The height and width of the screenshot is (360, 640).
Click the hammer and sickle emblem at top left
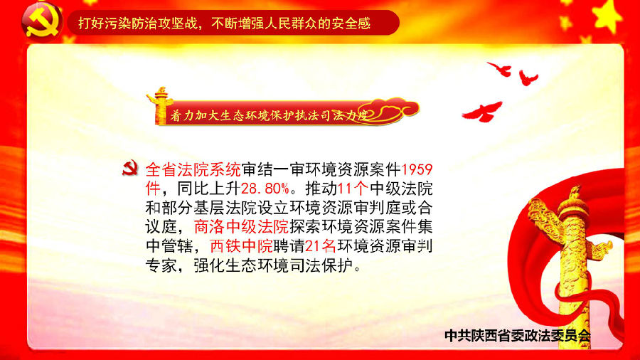coord(42,23)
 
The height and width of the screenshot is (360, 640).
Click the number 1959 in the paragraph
coord(417,169)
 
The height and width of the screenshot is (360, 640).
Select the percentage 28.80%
coord(265,189)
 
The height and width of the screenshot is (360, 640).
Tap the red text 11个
coord(353,189)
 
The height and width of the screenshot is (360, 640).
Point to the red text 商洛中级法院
coord(241,227)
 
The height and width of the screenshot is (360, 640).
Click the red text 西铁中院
coord(241,246)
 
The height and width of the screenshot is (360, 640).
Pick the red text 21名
coord(321,246)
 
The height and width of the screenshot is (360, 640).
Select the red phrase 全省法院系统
coord(193,169)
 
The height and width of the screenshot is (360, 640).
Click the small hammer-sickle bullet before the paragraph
coord(130,168)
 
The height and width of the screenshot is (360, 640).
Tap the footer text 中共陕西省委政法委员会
coord(518,336)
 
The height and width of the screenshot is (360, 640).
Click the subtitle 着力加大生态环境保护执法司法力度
coord(270,115)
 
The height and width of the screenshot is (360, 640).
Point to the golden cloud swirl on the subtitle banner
coord(392,110)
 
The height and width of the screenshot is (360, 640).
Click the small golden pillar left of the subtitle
coord(160,105)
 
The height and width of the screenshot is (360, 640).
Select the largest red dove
coord(483,112)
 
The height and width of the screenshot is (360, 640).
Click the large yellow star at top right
coord(608,16)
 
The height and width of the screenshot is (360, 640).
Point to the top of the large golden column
coord(575,189)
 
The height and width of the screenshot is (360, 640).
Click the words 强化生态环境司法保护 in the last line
coord(273,265)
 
